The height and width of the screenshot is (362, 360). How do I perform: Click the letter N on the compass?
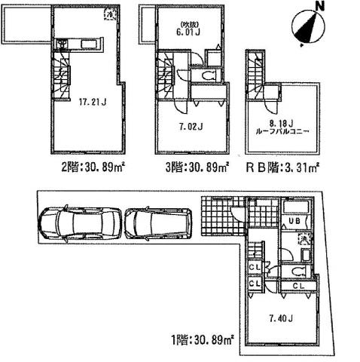click(320, 8)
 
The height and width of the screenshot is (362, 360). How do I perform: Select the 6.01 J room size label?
click(187, 32)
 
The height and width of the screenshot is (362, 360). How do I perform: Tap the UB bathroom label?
click(295, 220)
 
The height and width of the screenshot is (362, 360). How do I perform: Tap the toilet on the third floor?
click(208, 77)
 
